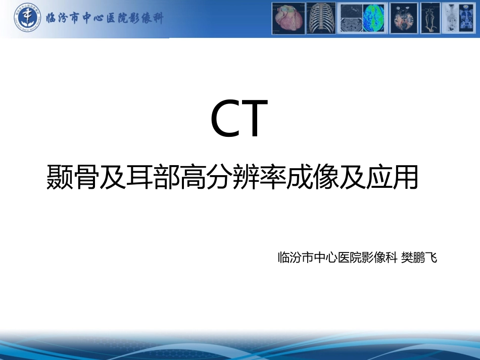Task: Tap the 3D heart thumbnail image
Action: pyautogui.click(x=289, y=18)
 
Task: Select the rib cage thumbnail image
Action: pyautogui.click(x=321, y=18)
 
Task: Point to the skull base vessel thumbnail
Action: pyautogui.click(x=404, y=18)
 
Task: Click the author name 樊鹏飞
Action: pyautogui.click(x=419, y=258)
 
